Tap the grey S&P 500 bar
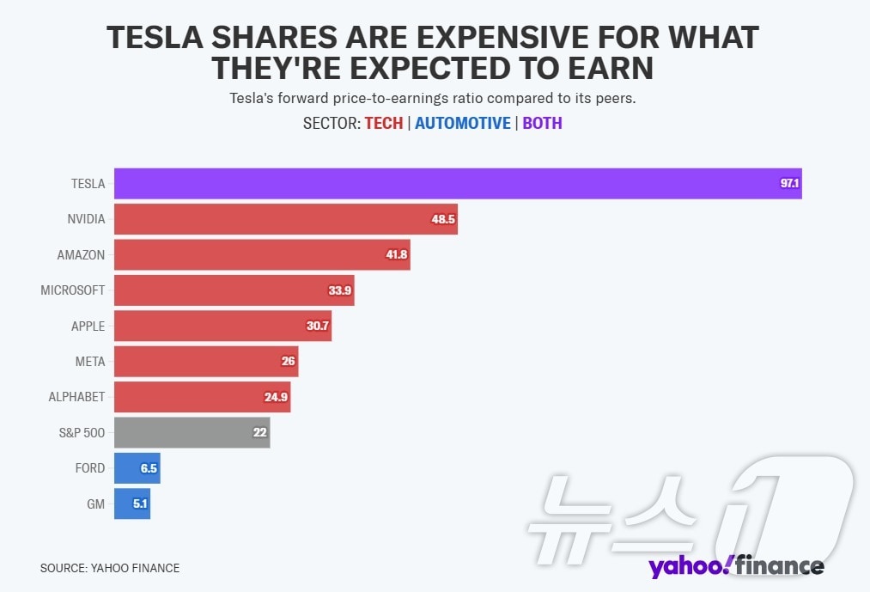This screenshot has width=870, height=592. pos(192,432)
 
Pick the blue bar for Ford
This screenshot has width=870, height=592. pos(137,468)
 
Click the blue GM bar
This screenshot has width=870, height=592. pos(132,504)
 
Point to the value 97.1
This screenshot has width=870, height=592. pos(789,184)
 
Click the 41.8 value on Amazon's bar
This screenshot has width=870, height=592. pos(396,255)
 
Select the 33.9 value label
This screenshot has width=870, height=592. pos(340,290)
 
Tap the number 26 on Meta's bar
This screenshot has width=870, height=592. pos(288,362)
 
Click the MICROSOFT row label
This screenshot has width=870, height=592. pos(72,290)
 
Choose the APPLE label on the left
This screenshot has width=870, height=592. pos(88,327)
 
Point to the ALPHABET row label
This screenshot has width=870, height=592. pos(76,397)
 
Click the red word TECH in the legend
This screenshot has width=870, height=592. pos(383,123)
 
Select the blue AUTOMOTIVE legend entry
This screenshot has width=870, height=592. pos(462,123)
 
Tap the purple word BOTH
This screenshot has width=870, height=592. pos(542,123)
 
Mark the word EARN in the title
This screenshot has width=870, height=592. pos(608,68)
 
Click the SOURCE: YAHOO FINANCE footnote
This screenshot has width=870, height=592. pos(110,568)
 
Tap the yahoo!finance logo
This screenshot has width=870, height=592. pos(736,566)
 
